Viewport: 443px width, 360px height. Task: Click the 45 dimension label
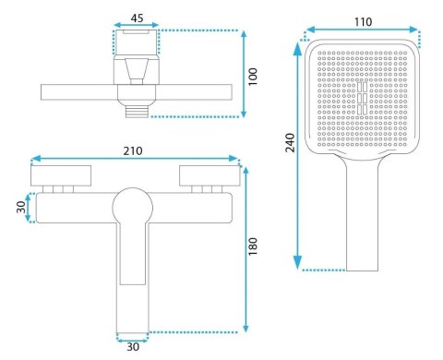pos(137,18)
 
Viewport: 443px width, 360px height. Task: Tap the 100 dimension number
pos(253,77)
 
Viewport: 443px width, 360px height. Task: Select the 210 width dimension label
pos(133,150)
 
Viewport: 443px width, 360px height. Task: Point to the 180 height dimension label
pos(253,246)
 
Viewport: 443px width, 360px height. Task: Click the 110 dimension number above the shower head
pos(363,22)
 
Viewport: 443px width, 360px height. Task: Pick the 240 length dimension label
pos(290,142)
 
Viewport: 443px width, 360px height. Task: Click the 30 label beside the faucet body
pos(21,207)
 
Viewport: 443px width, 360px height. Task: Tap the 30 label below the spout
pos(133,347)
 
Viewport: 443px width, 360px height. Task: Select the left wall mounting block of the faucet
pos(61,175)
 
